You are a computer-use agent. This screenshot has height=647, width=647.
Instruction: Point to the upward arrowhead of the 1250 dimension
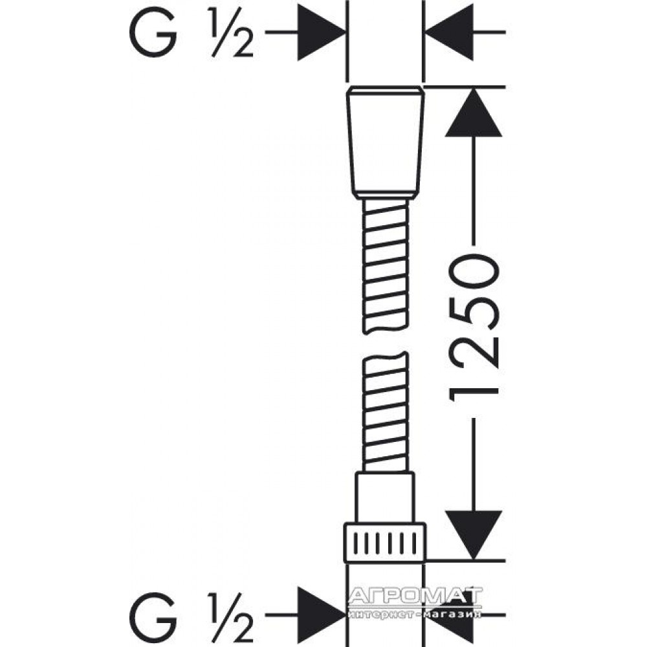(x=474, y=112)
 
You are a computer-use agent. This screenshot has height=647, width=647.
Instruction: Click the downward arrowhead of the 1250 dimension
(x=474, y=535)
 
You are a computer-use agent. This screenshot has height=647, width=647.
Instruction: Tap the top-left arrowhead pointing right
(x=321, y=32)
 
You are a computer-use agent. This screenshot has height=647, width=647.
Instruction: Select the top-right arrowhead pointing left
(x=449, y=32)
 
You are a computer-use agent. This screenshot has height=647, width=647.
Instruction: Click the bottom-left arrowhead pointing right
(x=321, y=615)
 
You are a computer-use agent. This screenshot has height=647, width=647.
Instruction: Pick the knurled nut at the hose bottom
(x=385, y=543)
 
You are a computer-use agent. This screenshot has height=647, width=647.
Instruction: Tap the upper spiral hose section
(x=386, y=266)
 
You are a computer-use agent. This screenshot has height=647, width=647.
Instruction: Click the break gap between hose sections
(x=386, y=343)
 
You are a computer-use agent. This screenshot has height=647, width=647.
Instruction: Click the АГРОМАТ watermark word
(x=415, y=596)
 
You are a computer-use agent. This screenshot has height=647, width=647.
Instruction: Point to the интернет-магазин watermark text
(x=415, y=614)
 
